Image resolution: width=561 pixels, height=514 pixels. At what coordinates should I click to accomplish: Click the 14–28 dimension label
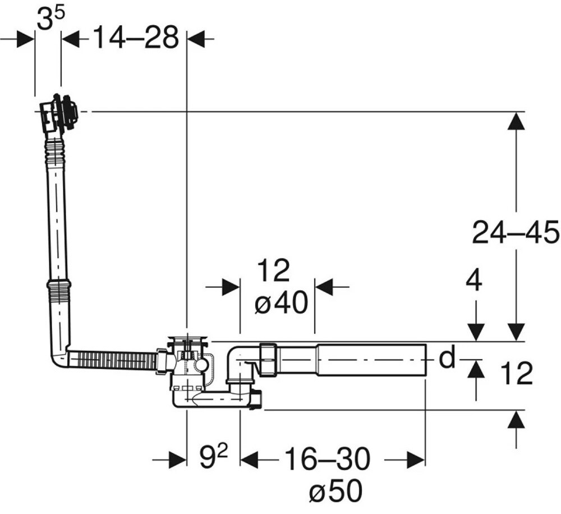click(x=136, y=37)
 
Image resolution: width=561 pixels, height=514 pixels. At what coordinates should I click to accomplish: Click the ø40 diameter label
click(x=281, y=302)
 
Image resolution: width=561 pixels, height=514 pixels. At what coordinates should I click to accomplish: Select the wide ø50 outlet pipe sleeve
click(x=371, y=359)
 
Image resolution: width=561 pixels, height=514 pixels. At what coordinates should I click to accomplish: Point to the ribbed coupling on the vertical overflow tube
click(x=59, y=295)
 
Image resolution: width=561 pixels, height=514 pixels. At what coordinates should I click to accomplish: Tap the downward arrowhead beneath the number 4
click(x=476, y=332)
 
